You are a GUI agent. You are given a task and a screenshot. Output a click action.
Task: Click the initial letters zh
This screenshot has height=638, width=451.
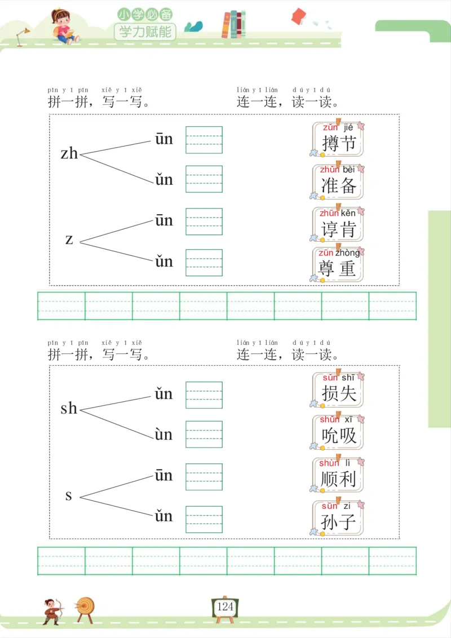coord(69,153)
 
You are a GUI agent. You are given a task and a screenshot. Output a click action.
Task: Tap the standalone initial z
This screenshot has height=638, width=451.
coord(69,240)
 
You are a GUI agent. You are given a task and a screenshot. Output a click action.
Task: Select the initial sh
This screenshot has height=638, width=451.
coord(69,408)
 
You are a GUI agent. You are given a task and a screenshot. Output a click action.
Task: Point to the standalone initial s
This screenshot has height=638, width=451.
coord(69,495)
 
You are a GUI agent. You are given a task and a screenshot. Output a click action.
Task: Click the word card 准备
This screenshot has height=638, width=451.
coord(338,181)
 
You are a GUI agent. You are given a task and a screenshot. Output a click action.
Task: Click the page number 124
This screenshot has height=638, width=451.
coord(225,607)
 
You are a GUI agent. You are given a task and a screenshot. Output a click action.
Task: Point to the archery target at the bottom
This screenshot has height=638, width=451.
coord(86,608)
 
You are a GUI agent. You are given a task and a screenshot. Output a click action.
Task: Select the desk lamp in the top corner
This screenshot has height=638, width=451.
coord(23,37)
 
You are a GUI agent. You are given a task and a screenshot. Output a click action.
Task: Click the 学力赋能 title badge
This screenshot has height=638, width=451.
coord(145,31)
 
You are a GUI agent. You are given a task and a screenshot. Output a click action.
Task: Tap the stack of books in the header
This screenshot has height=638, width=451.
coord(233,25)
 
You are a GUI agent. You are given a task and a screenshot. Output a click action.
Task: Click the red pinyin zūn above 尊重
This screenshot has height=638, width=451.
coord(325,253)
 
